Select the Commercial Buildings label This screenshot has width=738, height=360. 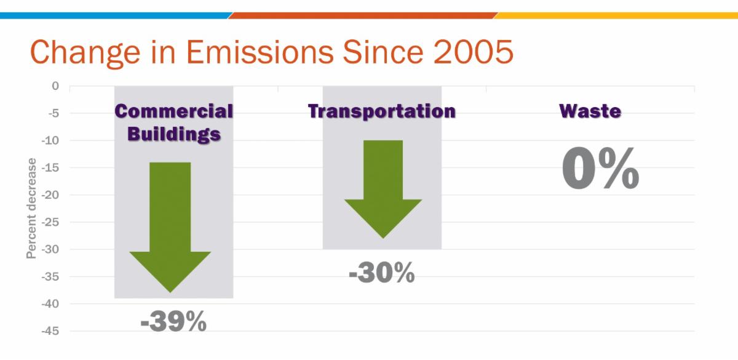[174, 122]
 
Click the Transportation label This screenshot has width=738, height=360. [381, 111]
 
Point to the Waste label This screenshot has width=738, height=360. [590, 111]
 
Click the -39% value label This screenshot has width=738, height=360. [173, 322]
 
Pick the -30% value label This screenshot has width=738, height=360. [381, 273]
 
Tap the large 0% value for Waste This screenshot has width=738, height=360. [600, 169]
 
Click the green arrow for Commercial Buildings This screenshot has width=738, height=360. [170, 228]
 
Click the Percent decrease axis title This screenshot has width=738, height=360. [31, 208]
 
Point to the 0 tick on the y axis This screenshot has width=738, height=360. [55, 86]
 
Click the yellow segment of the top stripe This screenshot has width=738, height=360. [615, 15]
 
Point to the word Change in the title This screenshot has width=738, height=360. [74, 52]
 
